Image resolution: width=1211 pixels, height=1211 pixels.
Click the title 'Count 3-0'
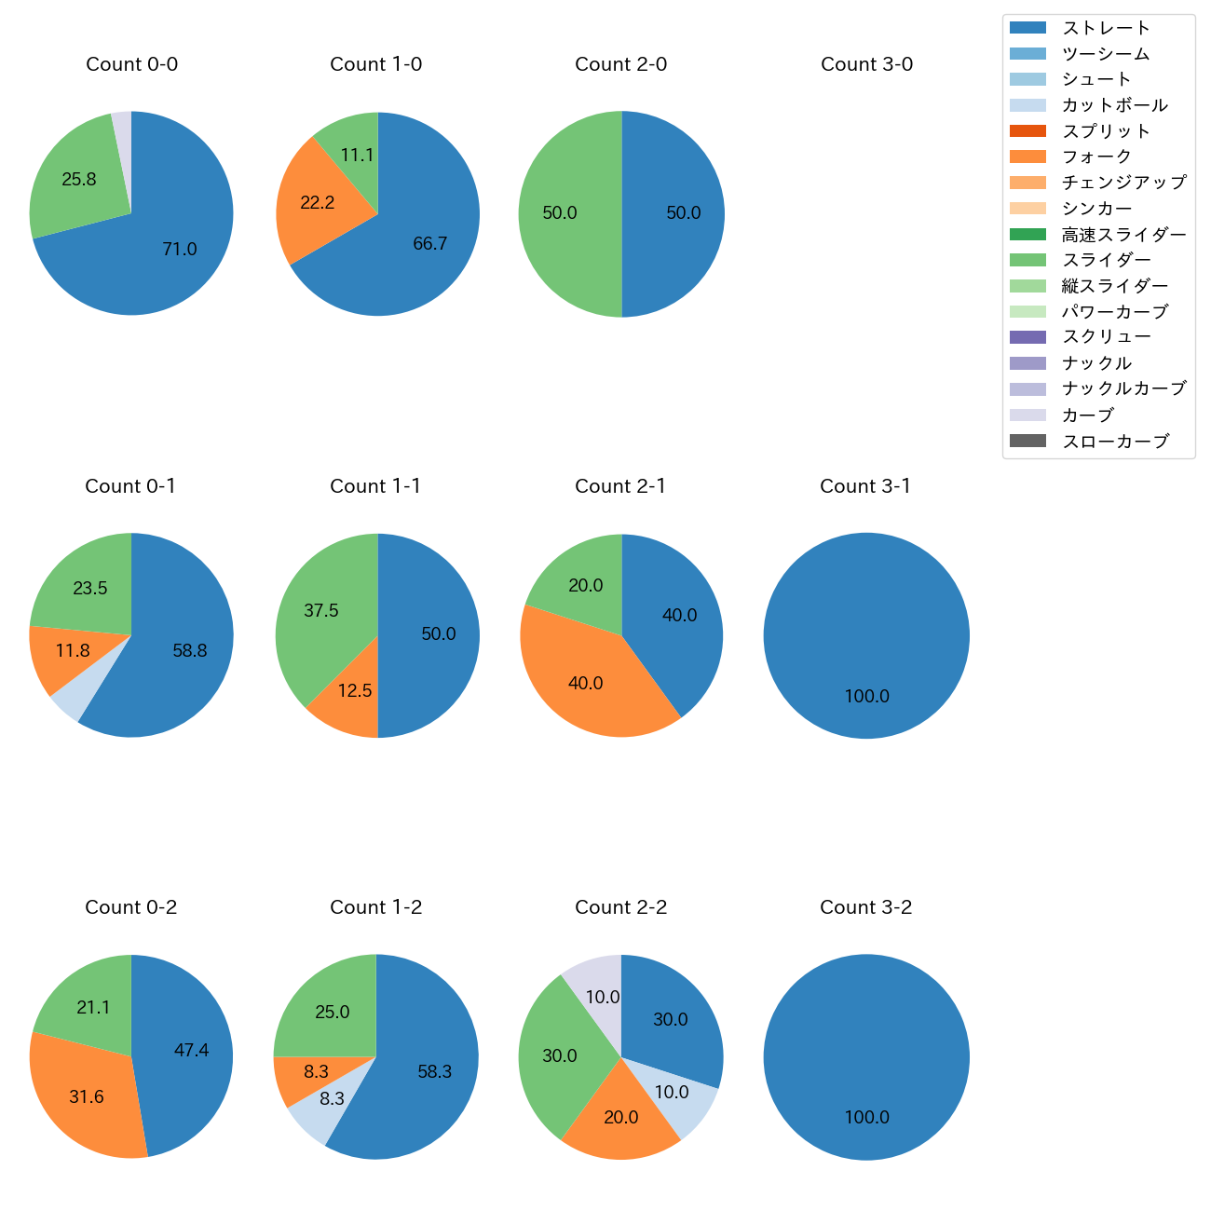point(866,64)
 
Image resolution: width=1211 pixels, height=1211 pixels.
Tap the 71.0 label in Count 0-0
point(179,249)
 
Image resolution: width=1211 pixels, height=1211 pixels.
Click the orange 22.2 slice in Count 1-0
point(317,203)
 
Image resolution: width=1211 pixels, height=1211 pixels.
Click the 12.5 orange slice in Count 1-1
point(354,694)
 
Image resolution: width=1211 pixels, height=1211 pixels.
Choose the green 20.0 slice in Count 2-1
point(582,582)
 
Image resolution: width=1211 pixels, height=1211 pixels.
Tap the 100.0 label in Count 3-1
point(866,696)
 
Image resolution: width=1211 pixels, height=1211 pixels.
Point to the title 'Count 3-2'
point(866,907)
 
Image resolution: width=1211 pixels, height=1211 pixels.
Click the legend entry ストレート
point(1106,28)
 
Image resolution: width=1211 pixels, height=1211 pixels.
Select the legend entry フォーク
point(1096,156)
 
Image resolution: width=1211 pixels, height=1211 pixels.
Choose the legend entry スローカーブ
point(1115,442)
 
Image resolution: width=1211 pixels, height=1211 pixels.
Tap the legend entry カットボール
point(1114,105)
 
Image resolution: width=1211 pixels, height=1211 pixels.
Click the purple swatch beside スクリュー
point(1027,337)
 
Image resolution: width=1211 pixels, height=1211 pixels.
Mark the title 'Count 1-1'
point(375,486)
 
